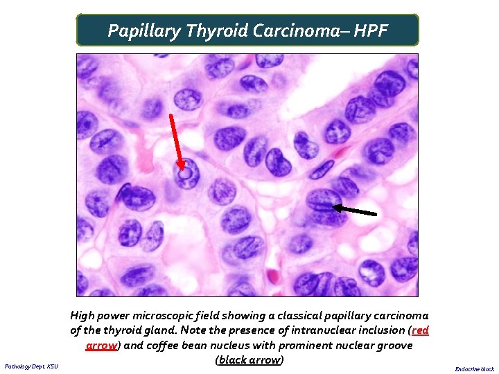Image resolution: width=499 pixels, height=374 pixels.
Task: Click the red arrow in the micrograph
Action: [x=177, y=142]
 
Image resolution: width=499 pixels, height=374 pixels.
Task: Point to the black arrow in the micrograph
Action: [x=357, y=209]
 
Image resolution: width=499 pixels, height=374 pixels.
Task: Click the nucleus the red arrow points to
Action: [x=185, y=174]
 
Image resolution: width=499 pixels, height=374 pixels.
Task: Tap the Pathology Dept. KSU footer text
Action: [x=31, y=366]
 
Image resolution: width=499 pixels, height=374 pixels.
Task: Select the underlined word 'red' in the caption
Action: [x=420, y=330]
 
